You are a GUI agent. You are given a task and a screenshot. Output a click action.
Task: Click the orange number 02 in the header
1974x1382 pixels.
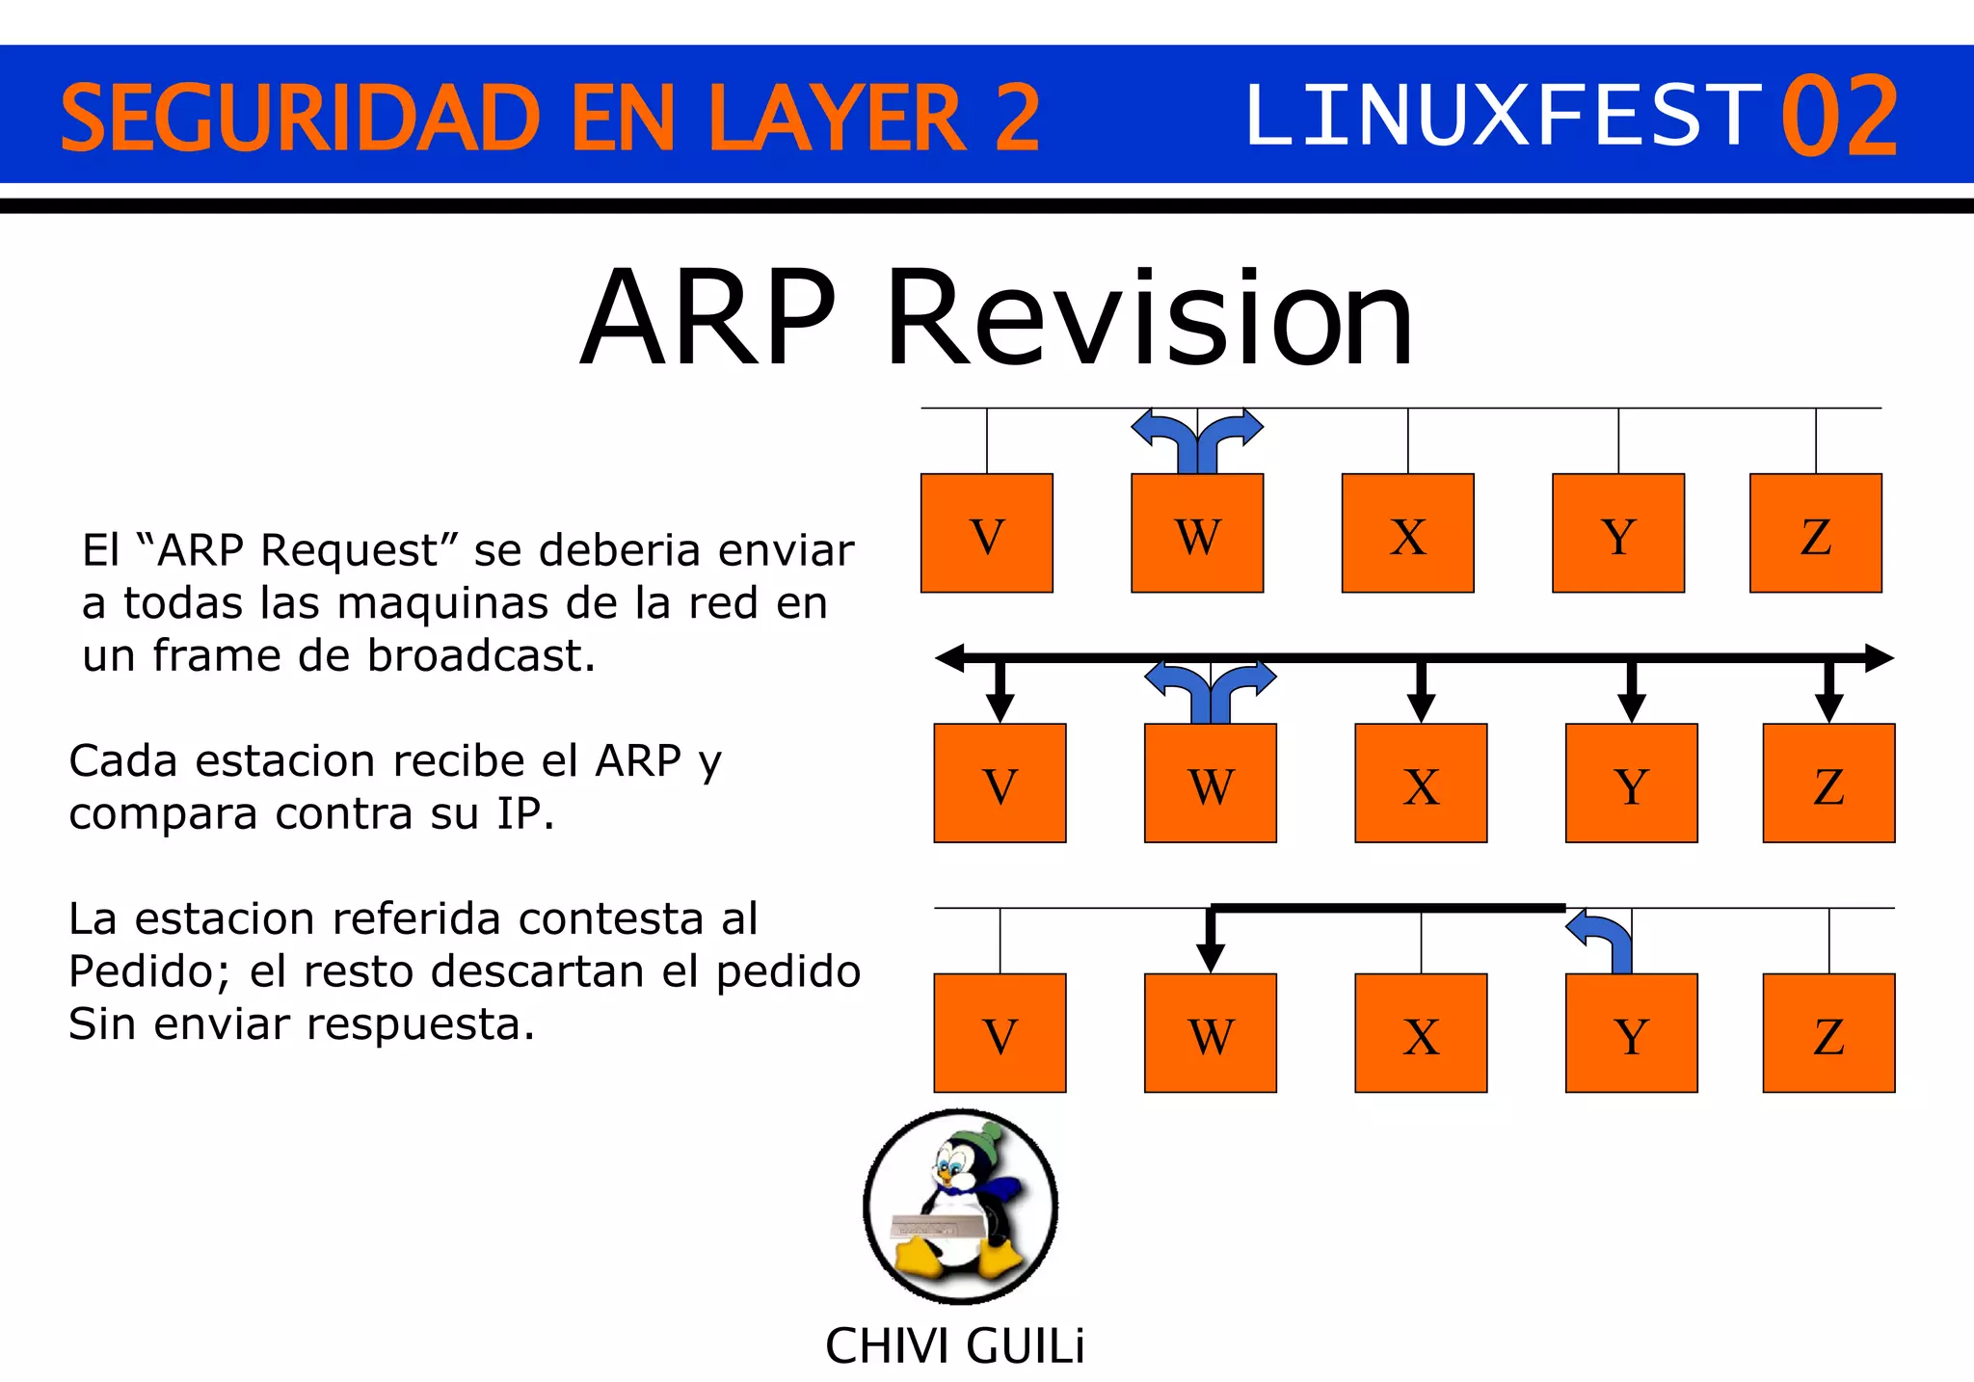[x=1839, y=117]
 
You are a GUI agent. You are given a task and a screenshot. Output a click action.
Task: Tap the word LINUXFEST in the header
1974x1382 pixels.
[x=1504, y=117]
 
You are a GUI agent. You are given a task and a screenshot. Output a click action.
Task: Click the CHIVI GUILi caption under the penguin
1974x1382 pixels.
[x=954, y=1346]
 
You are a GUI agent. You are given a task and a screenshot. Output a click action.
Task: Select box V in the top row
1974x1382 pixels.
[x=986, y=533]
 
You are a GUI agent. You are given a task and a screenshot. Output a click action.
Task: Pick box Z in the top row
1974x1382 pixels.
[x=1815, y=533]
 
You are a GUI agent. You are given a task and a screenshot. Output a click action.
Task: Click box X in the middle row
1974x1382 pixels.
[x=1421, y=784]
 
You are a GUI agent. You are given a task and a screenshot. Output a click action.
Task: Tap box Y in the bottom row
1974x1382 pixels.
[x=1631, y=1033]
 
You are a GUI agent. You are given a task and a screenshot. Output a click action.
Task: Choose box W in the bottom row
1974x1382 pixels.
[x=1210, y=1033]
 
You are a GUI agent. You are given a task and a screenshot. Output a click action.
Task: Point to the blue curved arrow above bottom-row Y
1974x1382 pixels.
[x=1604, y=939]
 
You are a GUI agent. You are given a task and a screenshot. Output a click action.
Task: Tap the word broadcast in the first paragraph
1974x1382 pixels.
[x=481, y=656]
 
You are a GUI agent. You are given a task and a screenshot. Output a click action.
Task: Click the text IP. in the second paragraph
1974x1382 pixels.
[x=525, y=814]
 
